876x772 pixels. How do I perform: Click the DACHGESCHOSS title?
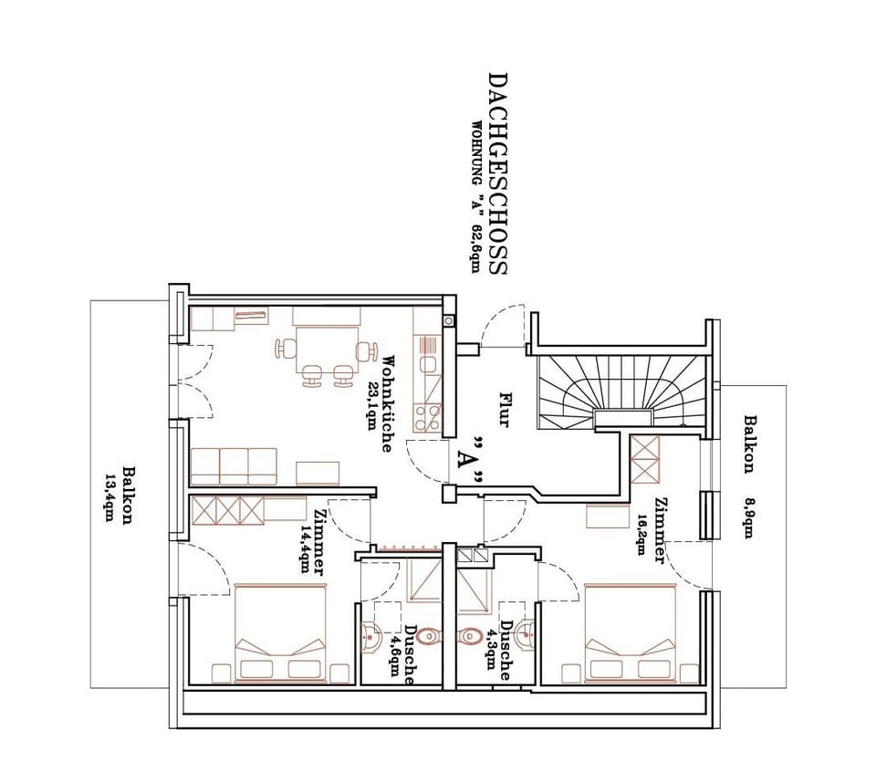[497, 173]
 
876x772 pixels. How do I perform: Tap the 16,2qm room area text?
[644, 529]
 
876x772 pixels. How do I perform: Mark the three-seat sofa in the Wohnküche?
[234, 465]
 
